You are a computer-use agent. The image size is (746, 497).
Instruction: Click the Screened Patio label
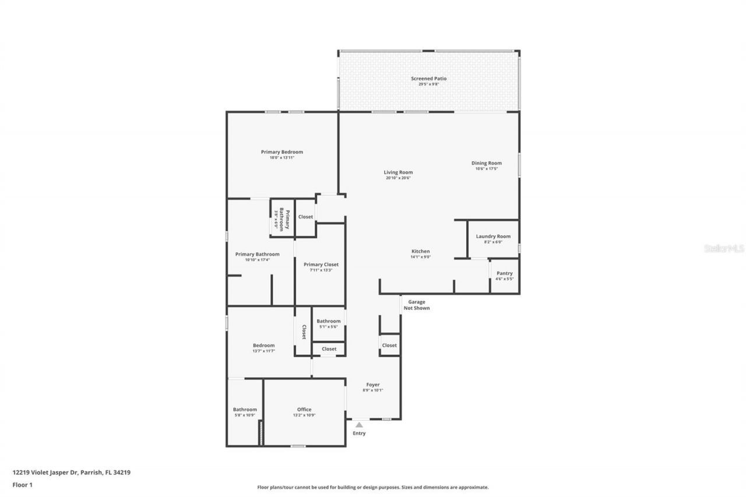click(428, 78)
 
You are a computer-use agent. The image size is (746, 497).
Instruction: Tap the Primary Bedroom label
click(281, 152)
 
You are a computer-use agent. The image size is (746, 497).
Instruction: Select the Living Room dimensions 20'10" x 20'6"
click(398, 178)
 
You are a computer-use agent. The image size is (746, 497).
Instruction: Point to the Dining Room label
click(486, 163)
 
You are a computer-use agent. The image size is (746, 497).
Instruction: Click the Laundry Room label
click(493, 236)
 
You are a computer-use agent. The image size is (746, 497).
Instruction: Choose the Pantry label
click(504, 273)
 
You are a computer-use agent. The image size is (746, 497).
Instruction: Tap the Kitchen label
click(420, 251)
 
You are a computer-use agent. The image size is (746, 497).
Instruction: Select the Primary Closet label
click(321, 265)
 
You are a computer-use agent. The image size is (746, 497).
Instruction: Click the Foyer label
click(373, 385)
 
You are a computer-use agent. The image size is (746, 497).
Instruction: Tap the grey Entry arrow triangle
click(359, 425)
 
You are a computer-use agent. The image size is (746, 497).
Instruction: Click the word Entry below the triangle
click(359, 433)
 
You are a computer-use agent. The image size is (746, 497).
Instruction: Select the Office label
click(304, 410)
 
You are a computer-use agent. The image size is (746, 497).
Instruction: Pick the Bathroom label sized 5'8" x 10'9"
click(245, 410)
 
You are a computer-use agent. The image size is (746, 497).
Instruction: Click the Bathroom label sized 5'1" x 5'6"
click(328, 321)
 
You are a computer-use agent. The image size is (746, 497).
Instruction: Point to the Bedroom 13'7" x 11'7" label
click(263, 346)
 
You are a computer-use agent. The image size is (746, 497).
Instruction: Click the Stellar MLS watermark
click(724, 248)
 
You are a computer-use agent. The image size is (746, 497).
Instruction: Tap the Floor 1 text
click(22, 484)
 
